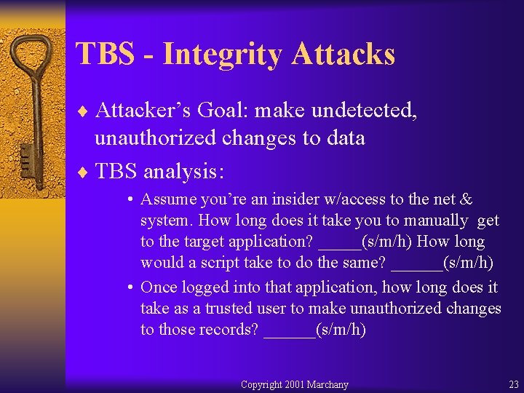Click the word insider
coord(285,199)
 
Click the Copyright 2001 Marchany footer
coord(294,384)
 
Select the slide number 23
coord(513,384)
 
